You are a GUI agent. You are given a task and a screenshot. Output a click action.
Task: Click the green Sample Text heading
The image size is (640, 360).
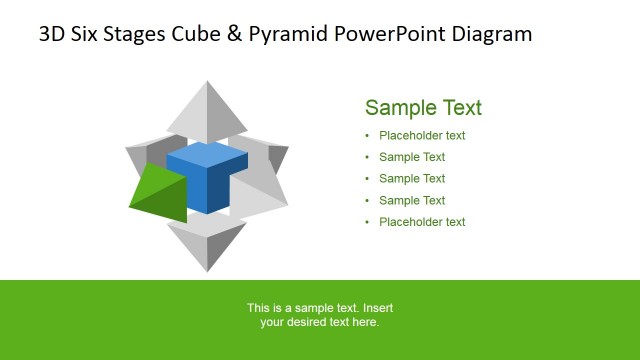click(423, 108)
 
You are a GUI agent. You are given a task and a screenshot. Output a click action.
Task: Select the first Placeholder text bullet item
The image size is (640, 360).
click(422, 136)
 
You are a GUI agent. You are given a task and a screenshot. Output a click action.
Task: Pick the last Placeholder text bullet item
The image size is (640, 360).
click(422, 222)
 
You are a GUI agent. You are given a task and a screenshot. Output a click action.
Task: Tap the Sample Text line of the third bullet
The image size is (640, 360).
click(412, 179)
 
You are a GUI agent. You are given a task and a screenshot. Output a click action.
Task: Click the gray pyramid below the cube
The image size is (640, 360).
click(207, 244)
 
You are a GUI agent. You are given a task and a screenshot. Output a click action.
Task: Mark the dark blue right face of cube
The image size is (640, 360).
click(231, 184)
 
